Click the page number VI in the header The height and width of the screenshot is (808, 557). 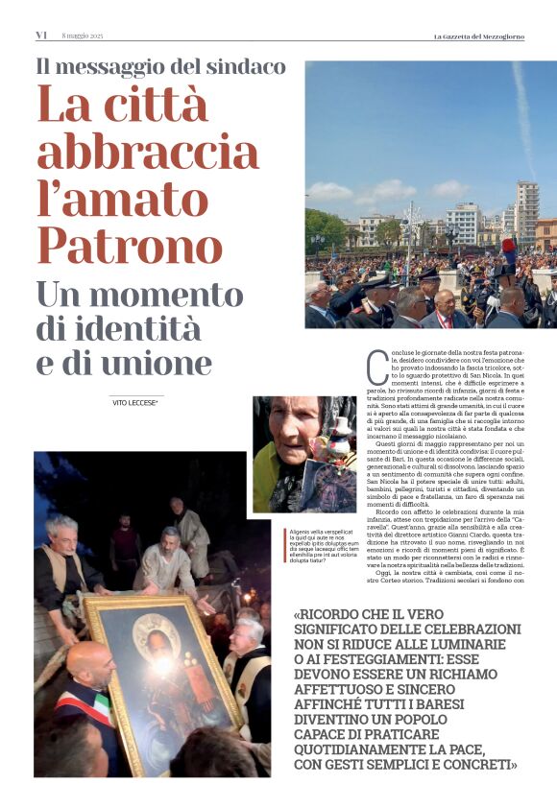coord(41,36)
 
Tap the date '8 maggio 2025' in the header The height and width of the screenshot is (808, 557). coord(82,36)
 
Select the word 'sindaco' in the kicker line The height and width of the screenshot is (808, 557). coord(244,67)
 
